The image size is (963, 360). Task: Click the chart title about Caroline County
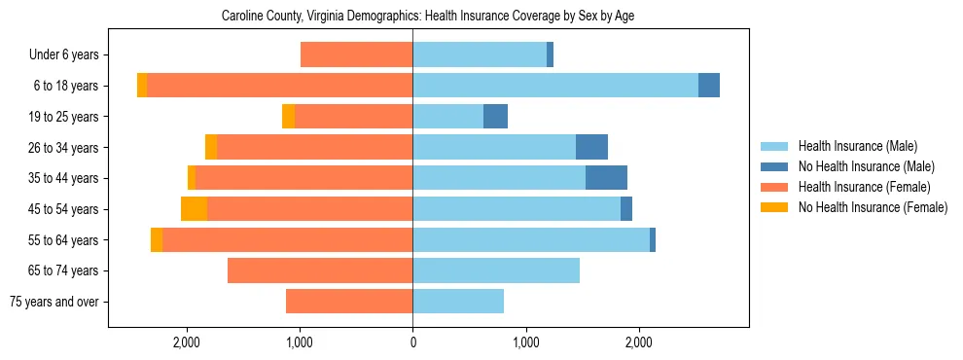[x=428, y=17]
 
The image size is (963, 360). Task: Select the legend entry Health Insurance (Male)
[x=857, y=147]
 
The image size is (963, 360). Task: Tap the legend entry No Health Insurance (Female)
[x=873, y=207]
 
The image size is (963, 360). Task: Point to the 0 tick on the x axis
[x=412, y=343]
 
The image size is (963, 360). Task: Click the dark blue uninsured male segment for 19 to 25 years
[x=495, y=117]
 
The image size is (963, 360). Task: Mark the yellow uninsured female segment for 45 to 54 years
[x=194, y=209]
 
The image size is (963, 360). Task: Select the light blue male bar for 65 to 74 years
[x=496, y=270]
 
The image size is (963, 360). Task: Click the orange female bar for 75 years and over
[x=349, y=302]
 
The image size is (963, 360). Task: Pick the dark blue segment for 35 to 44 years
[x=606, y=178]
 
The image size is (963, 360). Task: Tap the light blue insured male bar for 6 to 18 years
[x=555, y=86]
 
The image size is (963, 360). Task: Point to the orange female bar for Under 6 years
[x=356, y=54]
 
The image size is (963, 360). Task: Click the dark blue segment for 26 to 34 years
[x=591, y=147]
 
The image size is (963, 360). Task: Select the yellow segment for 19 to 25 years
[x=288, y=117]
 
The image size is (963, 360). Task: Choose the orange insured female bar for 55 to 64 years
[x=287, y=239]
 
